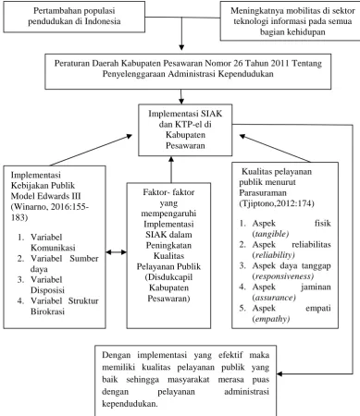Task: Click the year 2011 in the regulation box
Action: pyautogui.click(x=279, y=63)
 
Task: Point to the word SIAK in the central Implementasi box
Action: pyautogui.click(x=211, y=114)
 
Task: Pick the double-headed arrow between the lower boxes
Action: pyautogui.click(x=117, y=252)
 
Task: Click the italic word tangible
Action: pyautogui.click(x=270, y=234)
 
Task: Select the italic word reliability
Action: pyautogui.click(x=273, y=255)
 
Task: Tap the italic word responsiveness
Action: pyautogui.click(x=283, y=276)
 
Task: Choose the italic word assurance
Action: pyautogui.click(x=274, y=298)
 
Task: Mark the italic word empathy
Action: pyautogui.click(x=271, y=319)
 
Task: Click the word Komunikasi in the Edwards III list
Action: pyautogui.click(x=53, y=248)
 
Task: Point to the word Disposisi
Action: pyautogui.click(x=47, y=290)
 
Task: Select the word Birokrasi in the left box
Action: pyautogui.click(x=47, y=312)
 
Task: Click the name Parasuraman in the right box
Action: pyautogui.click(x=263, y=193)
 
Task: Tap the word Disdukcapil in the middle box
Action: pyautogui.click(x=168, y=277)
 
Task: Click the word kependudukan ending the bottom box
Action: pyautogui.click(x=130, y=404)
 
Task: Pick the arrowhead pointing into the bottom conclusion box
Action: pyautogui.click(x=279, y=374)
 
